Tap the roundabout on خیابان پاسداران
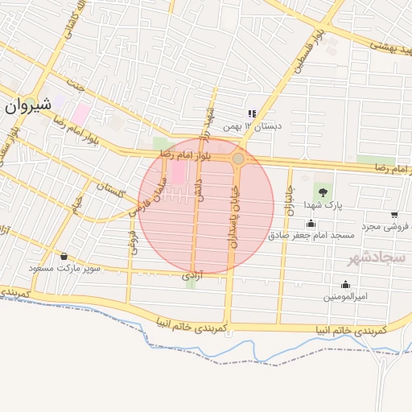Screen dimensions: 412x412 (238, 159)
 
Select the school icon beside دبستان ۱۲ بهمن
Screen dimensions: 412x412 (252, 114)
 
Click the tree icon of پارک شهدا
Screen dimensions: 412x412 (323, 192)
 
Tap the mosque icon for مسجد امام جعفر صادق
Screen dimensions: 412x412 (311, 223)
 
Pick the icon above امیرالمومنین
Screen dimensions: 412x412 (345, 284)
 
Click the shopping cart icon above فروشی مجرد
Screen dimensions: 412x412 (393, 214)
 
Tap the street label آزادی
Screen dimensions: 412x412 (190, 276)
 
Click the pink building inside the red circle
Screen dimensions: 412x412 (177, 171)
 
